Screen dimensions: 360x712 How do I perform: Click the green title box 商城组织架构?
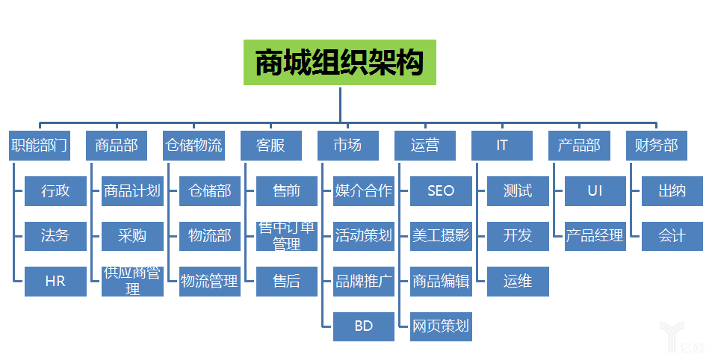(x=339, y=63)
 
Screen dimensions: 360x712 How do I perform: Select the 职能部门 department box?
(x=40, y=146)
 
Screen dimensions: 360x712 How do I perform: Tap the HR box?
(x=55, y=282)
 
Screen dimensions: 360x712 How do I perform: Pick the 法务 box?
(x=55, y=236)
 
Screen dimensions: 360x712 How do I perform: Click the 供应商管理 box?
(x=132, y=282)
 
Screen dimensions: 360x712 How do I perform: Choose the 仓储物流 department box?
(x=194, y=146)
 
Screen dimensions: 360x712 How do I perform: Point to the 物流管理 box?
(x=210, y=282)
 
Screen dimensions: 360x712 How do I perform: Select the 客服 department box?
(x=270, y=146)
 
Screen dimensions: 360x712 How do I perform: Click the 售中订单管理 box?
(x=287, y=236)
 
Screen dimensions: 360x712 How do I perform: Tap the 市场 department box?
(x=347, y=146)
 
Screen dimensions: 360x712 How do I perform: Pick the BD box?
(x=364, y=326)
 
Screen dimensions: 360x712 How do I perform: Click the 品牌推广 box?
(x=364, y=282)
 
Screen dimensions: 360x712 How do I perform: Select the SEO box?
(x=441, y=191)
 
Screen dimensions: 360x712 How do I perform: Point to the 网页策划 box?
(x=441, y=326)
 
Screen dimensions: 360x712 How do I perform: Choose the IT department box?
(x=501, y=146)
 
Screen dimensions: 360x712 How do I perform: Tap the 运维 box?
(x=518, y=282)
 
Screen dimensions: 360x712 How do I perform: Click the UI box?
(x=595, y=191)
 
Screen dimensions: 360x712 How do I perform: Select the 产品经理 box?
(x=595, y=236)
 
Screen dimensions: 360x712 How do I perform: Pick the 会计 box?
(x=672, y=236)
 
